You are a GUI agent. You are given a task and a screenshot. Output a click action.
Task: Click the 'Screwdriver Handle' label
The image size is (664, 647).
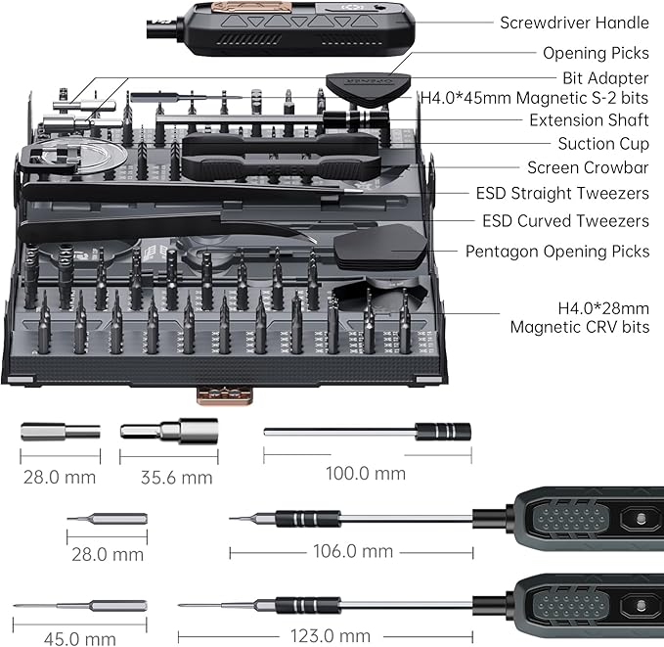coord(574,23)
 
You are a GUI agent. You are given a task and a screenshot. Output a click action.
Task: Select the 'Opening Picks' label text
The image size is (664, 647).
coord(596,53)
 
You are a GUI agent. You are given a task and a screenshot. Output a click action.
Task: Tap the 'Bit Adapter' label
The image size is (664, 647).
coord(605,77)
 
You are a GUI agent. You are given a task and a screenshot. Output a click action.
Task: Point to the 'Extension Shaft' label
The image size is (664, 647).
coord(589,120)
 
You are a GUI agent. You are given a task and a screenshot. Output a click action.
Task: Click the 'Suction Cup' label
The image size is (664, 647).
coord(603,144)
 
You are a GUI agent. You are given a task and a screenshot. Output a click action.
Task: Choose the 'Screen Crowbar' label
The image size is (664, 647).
coord(588,168)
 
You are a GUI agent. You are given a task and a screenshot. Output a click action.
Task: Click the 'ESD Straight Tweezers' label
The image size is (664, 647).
coord(562,194)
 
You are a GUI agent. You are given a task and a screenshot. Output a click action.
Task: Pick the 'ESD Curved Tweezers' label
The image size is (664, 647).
coord(565,221)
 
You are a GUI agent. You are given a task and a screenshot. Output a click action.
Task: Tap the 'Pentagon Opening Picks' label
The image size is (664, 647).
coord(556,252)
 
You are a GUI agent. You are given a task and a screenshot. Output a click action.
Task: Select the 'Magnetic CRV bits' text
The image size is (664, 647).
coord(579,327)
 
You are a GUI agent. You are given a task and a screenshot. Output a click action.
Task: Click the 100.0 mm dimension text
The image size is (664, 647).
coord(365,473)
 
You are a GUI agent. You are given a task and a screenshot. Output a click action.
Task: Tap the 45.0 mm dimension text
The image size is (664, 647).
coord(81,639)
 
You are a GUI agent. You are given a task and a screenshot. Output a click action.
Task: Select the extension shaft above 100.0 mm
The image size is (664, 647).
coord(368,431)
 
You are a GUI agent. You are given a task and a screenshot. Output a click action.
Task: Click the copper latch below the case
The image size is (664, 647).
coord(225,393)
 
